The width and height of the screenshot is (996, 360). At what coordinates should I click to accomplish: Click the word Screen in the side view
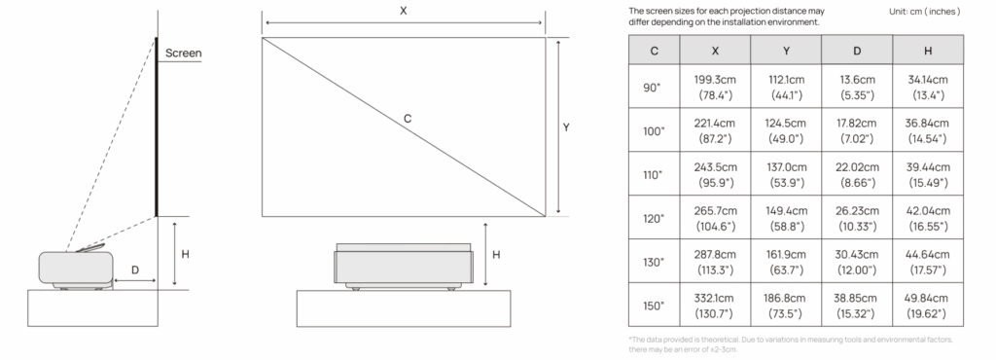click(x=183, y=54)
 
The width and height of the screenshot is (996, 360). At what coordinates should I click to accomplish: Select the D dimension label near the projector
click(x=135, y=270)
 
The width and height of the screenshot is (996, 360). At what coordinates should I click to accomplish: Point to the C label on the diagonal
click(x=408, y=119)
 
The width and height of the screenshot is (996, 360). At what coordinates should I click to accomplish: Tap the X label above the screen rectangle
click(x=404, y=11)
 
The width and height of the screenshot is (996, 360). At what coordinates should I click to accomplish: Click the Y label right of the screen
click(x=566, y=127)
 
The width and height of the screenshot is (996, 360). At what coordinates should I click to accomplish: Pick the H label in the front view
click(x=496, y=255)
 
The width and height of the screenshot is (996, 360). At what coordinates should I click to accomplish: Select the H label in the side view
click(x=186, y=254)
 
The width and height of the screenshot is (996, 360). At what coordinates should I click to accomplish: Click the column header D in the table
click(x=857, y=51)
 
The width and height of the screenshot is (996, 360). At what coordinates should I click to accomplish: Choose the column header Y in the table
click(x=786, y=51)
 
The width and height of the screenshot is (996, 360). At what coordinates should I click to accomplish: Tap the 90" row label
click(x=654, y=87)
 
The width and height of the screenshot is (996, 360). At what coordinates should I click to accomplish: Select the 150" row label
click(x=654, y=306)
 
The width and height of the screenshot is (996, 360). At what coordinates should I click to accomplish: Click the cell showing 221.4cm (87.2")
click(x=715, y=130)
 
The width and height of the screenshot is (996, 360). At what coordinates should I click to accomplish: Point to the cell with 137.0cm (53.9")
click(x=786, y=174)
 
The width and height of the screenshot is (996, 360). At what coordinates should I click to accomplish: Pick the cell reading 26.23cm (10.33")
click(x=857, y=218)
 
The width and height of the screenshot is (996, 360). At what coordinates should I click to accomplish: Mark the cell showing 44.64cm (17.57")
click(x=927, y=263)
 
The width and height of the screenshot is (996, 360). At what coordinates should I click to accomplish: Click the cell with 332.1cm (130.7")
click(x=715, y=306)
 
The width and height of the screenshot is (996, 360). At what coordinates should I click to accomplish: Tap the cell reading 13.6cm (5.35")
click(x=857, y=87)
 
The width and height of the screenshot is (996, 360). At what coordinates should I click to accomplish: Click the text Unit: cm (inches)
click(x=925, y=12)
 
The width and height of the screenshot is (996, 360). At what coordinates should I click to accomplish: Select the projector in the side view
click(x=76, y=268)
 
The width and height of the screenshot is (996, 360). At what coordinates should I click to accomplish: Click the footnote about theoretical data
click(x=790, y=344)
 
